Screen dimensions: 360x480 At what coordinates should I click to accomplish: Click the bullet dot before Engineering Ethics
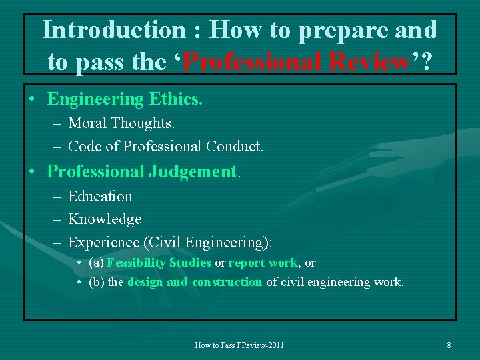tap(32, 100)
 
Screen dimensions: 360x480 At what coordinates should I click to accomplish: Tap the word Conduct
tap(235, 146)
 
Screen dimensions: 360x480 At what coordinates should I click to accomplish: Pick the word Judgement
tap(192, 171)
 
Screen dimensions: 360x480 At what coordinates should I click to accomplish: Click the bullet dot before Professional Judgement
tap(32, 172)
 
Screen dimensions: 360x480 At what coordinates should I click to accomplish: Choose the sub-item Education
tap(100, 197)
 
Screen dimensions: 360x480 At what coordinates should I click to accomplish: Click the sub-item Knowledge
tap(105, 219)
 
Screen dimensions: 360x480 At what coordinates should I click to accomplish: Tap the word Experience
tap(101, 242)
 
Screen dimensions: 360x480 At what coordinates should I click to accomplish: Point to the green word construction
tap(227, 282)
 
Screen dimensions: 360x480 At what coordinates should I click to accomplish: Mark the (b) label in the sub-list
tap(96, 282)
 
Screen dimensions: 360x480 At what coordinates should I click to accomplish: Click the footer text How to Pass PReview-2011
tap(239, 345)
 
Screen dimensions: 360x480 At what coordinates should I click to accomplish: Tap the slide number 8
tap(449, 345)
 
